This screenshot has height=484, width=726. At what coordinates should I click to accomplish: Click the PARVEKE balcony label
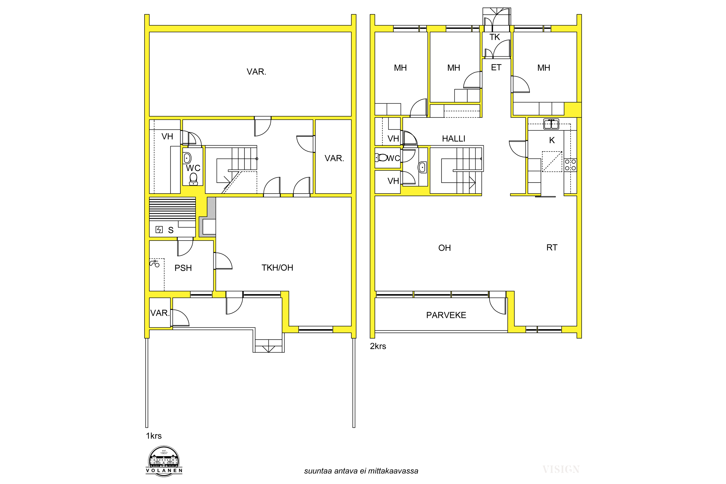tap(446, 315)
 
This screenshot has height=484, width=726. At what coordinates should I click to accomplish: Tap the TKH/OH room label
tap(277, 268)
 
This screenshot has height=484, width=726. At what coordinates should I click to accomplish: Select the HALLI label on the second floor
tap(454, 139)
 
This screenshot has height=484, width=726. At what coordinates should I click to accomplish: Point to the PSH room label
tap(183, 268)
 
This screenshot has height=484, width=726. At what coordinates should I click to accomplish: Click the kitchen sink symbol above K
tap(551, 124)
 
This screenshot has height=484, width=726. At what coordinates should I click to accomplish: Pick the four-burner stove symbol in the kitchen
tap(570, 165)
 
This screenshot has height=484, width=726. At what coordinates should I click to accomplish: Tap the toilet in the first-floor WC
tap(193, 179)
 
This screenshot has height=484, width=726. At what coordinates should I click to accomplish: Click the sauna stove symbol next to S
tap(159, 229)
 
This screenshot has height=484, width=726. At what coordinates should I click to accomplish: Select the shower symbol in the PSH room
tap(154, 263)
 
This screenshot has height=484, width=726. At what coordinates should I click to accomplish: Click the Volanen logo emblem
tap(164, 461)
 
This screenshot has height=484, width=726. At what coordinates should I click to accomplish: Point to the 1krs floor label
tap(154, 436)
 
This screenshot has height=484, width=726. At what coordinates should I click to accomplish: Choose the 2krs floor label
tap(378, 346)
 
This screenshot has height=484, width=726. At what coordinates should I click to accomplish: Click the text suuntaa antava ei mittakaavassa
tap(361, 471)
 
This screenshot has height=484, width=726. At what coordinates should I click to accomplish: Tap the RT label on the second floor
tap(552, 248)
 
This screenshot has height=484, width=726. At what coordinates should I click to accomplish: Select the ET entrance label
tap(496, 67)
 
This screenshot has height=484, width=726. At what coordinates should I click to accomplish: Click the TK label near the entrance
tap(494, 37)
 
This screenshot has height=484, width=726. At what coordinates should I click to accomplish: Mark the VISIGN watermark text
tap(561, 469)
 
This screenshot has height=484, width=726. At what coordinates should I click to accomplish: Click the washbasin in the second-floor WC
tap(422, 167)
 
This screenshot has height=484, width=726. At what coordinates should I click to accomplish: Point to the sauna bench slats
tap(172, 209)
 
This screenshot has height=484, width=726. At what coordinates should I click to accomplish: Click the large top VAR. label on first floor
tap(256, 72)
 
